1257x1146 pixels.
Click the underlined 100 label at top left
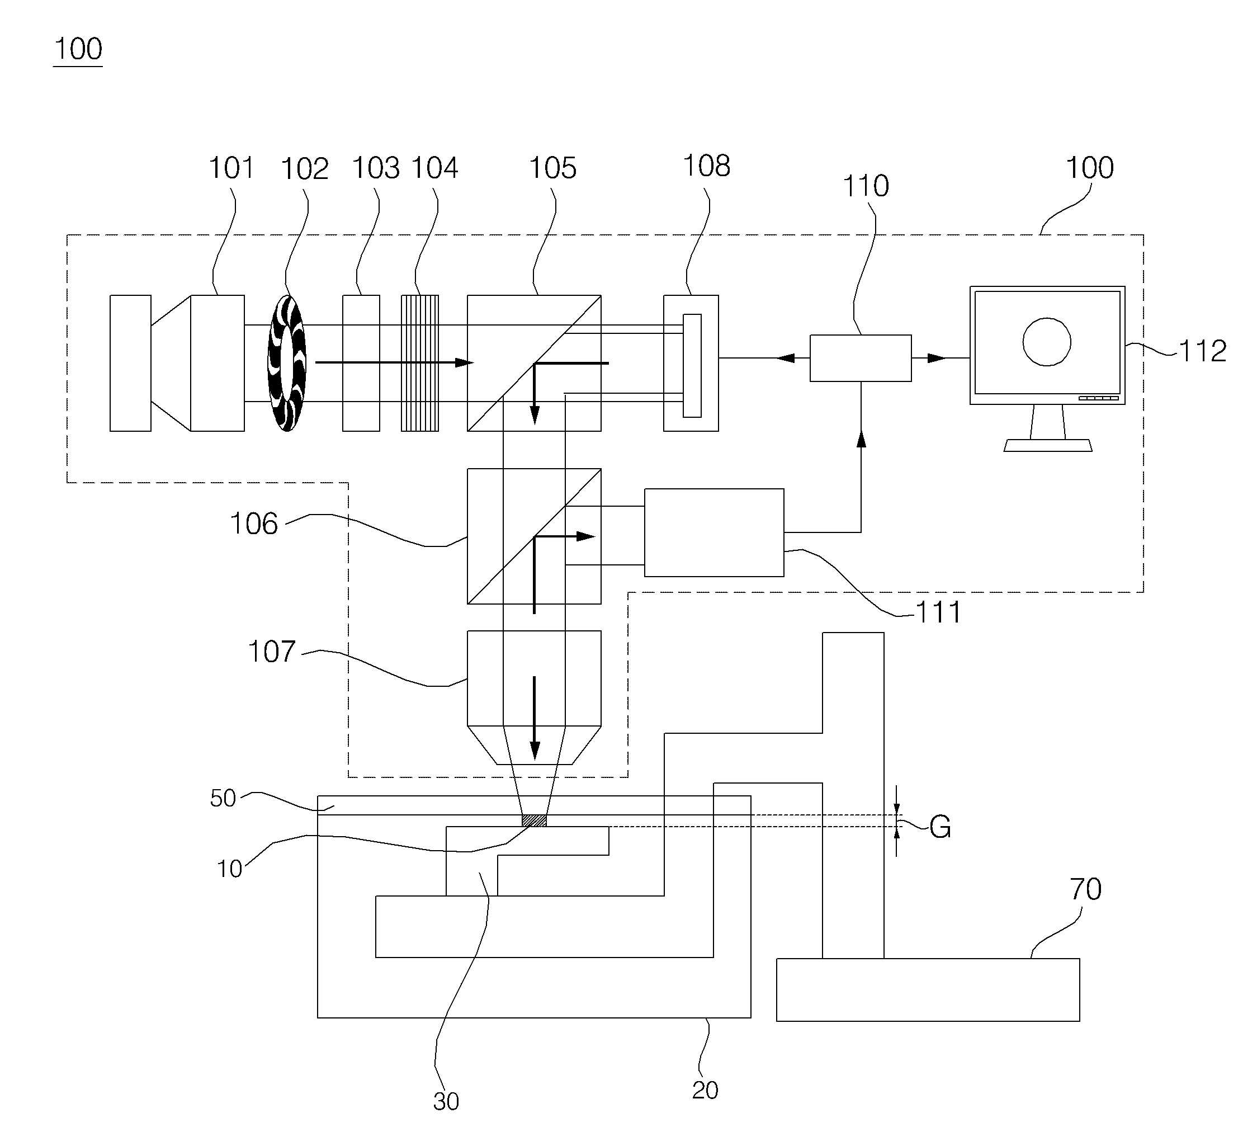78,49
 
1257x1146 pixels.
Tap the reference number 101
231,168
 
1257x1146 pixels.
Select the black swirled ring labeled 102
287,363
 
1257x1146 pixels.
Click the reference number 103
376,168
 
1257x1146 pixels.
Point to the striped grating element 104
419,363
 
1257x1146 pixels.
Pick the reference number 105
553,168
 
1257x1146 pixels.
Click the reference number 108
706,166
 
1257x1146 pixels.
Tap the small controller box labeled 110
861,358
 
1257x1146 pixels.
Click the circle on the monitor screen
1047,342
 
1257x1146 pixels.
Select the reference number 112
1203,351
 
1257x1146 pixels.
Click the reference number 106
254,524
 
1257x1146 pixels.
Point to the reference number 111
938,613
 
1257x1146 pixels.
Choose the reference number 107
271,652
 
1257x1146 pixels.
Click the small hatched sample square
534,820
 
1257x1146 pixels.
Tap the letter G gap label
941,827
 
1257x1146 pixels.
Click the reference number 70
1085,889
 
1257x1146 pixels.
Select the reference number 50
223,798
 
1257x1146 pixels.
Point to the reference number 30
446,1102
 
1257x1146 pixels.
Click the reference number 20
705,1090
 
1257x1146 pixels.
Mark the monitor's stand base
1047,445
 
